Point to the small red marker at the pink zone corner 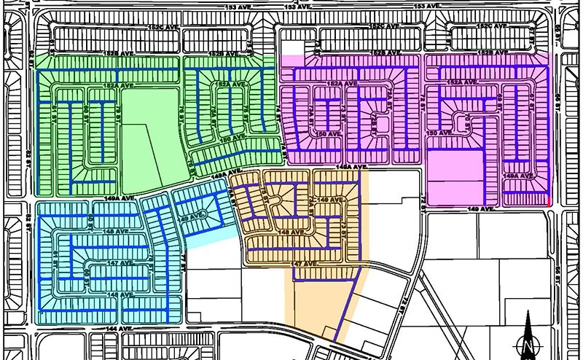pos(547,200)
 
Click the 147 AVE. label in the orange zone pos(307,263)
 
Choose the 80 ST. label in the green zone pos(86,109)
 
